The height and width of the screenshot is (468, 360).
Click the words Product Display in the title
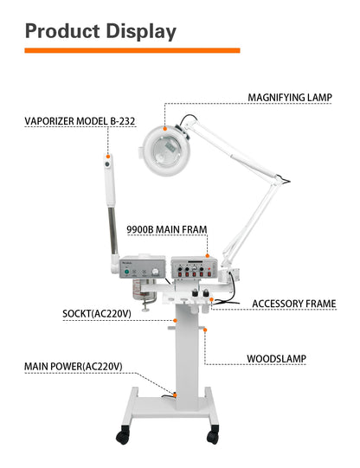[100, 32]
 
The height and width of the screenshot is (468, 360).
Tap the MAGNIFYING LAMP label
[290, 98]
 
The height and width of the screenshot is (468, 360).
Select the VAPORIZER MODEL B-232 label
[80, 121]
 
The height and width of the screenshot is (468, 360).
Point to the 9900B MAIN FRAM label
[167, 229]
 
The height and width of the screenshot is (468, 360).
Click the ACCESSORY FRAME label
[294, 304]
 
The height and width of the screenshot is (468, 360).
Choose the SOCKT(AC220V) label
[97, 314]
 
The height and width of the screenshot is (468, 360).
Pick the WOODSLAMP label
[276, 358]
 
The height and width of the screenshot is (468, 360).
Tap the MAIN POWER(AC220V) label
[74, 366]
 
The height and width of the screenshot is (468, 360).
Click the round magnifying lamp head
[166, 151]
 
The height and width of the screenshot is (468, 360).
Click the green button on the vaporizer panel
[127, 272]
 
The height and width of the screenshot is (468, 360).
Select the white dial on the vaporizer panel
[155, 272]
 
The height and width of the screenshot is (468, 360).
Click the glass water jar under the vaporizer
[144, 290]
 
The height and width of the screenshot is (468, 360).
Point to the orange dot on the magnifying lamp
[164, 128]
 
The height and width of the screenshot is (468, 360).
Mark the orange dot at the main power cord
[175, 395]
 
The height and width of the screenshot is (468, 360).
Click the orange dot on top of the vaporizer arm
[108, 156]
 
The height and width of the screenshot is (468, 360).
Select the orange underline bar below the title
[132, 50]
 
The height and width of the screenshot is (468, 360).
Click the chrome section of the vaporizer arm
[112, 231]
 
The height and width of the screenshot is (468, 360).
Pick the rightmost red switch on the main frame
[209, 273]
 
